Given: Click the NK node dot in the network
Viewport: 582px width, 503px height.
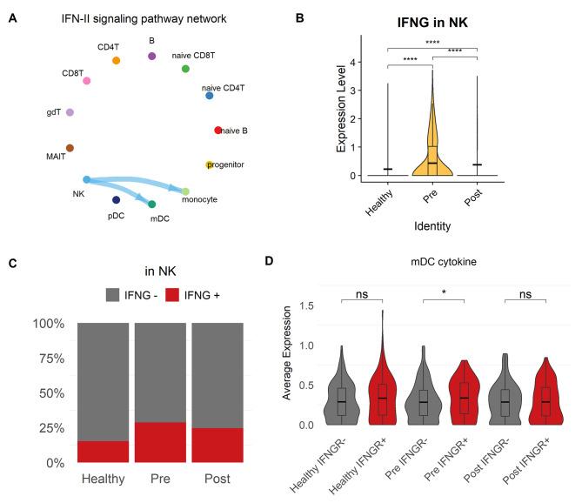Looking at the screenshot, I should pos(86,180).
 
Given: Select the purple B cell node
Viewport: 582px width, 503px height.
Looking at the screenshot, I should pos(152,56).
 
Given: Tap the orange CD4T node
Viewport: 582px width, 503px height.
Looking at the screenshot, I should pos(117,60).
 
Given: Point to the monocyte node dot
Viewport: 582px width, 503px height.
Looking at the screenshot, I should pos(185,191).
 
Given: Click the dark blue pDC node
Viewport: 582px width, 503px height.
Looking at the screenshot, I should pos(116,200).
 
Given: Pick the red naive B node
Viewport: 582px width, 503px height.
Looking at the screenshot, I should pos(218,131).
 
